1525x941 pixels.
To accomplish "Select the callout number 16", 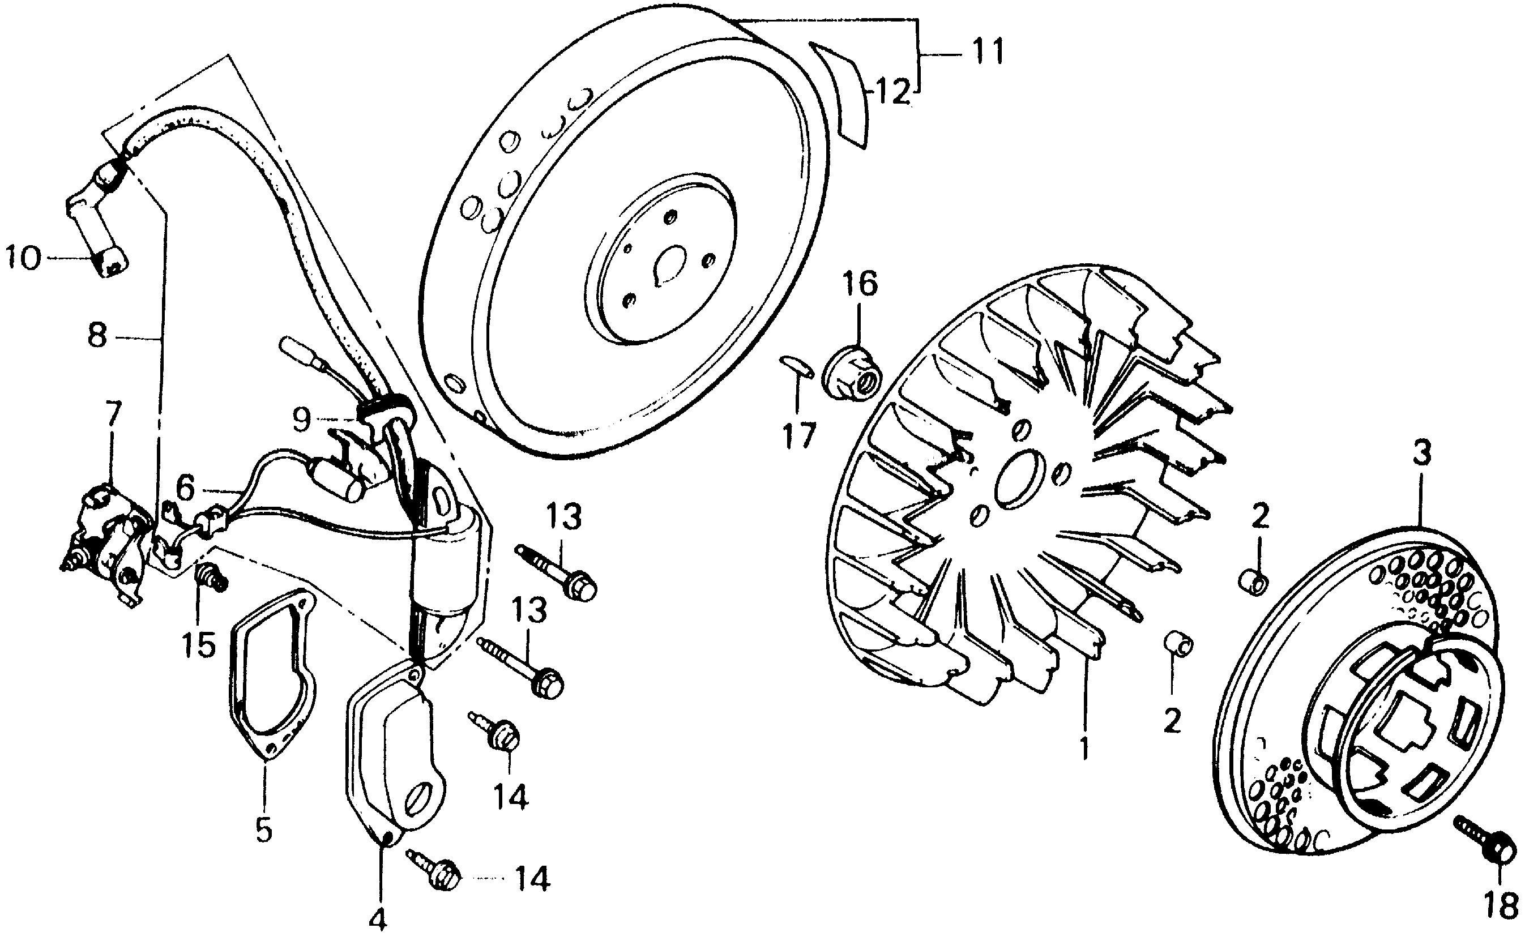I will (860, 284).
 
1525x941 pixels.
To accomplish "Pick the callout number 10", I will (24, 258).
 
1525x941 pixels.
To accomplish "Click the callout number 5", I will (264, 829).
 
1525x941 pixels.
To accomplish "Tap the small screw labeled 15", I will (211, 578).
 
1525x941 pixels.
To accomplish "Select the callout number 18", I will (1499, 906).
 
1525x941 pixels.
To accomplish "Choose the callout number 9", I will (301, 420).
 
